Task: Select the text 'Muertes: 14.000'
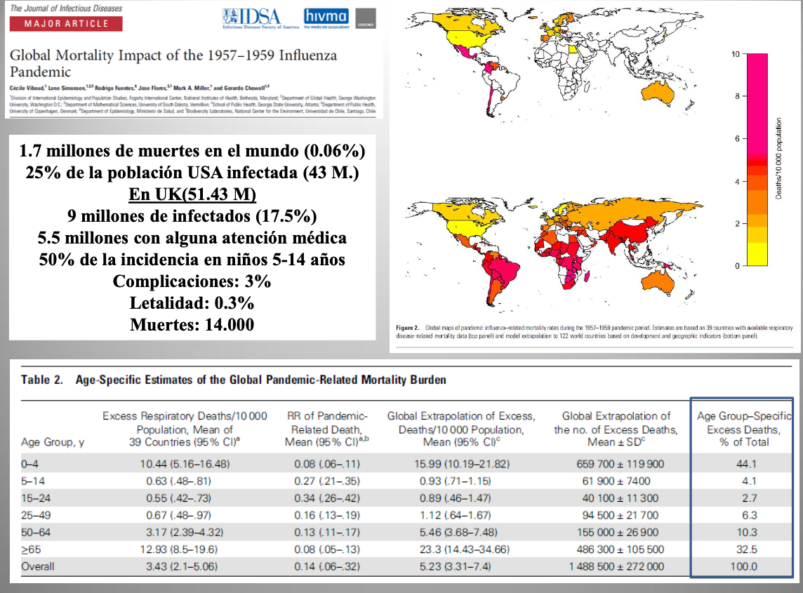(192, 325)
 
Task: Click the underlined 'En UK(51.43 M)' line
(192, 194)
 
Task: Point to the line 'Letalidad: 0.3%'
(192, 304)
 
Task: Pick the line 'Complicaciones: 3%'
(192, 282)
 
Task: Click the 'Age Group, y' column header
(48, 442)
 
